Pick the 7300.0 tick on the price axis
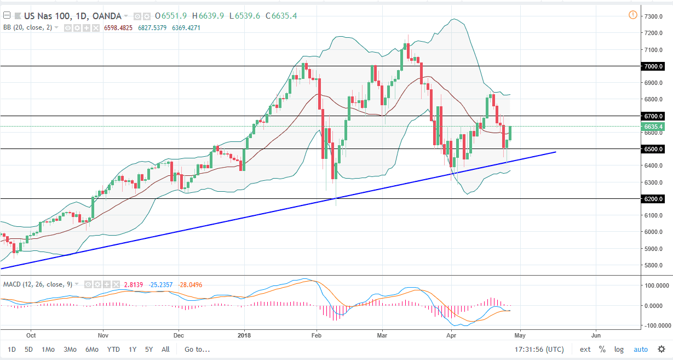click(x=654, y=16)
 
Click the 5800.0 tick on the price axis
click(x=654, y=265)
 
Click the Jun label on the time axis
click(x=596, y=334)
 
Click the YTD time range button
click(x=113, y=349)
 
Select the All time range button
click(x=165, y=349)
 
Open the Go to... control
click(x=197, y=349)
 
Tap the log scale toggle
click(x=619, y=349)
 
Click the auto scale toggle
click(x=640, y=349)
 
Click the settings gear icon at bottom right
click(x=662, y=349)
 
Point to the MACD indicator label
click(x=13, y=284)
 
